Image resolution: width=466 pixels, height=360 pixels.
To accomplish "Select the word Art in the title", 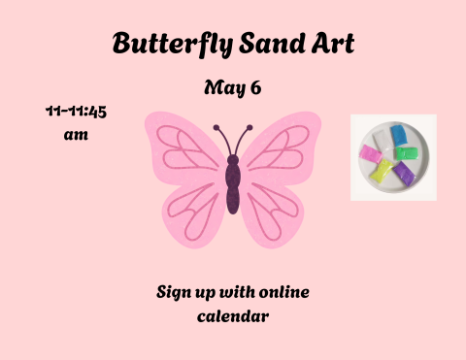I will [324, 44].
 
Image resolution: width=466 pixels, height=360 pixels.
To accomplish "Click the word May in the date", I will [220, 88].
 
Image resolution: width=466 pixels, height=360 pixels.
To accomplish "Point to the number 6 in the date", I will [255, 88].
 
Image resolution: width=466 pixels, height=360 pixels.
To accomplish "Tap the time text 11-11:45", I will [76, 112].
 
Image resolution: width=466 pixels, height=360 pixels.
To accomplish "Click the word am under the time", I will [76, 135].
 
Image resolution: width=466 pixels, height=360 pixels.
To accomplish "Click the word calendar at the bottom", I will [232, 315].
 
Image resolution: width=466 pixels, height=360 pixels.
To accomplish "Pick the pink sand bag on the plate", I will [370, 152].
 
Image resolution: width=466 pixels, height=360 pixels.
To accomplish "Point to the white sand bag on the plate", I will [381, 138].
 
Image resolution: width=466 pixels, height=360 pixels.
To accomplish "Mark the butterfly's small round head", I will [233, 158].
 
